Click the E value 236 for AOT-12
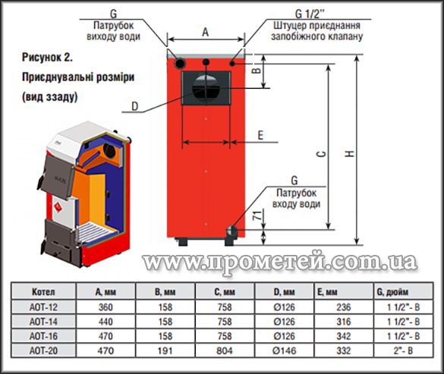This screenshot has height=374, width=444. click(x=344, y=307)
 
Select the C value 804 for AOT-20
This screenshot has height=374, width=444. click(x=224, y=350)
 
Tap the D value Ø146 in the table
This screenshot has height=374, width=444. click(x=284, y=350)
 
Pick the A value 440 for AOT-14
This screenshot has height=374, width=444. click(x=105, y=322)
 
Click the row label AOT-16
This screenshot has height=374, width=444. click(x=43, y=336)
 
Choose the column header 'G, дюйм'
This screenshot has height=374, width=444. click(x=392, y=292)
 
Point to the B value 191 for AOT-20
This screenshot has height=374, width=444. click(x=165, y=350)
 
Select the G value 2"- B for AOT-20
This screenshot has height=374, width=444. click(x=403, y=350)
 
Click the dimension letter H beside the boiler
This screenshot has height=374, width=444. click(x=351, y=153)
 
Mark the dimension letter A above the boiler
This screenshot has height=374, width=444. click(x=205, y=32)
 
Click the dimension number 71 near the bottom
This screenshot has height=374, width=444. click(x=257, y=216)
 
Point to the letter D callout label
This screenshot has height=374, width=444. click(x=135, y=106)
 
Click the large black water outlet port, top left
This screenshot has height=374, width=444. click(x=180, y=63)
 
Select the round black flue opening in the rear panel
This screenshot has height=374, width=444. click(x=206, y=88)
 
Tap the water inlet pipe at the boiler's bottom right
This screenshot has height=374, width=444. click(x=231, y=233)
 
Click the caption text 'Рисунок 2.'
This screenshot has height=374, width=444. click(x=47, y=58)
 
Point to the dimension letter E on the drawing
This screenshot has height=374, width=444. click(x=260, y=135)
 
